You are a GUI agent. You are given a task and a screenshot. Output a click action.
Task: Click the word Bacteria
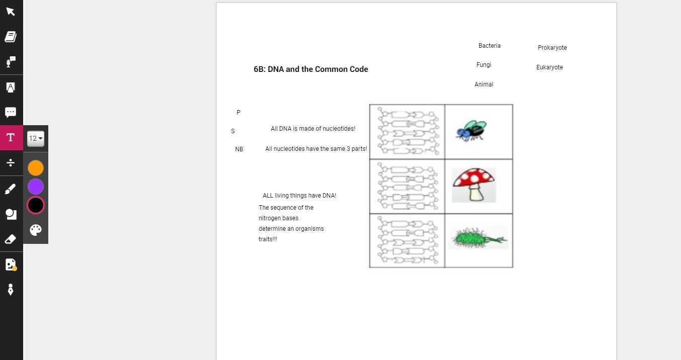pos(489,46)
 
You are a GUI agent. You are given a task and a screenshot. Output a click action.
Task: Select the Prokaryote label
pos(552,48)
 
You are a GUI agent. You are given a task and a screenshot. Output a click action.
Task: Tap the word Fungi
pos(484,65)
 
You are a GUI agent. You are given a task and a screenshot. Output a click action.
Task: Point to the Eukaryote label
pos(549,67)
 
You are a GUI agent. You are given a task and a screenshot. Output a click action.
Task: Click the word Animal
pos(484,84)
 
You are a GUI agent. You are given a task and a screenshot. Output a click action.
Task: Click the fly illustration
pos(472,130)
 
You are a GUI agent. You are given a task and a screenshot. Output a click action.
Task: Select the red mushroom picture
pos(474,185)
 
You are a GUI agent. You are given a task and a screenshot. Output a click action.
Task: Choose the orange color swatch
pos(36,168)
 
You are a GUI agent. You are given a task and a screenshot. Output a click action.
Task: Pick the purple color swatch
pos(36,187)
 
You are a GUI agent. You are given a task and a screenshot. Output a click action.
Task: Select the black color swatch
pos(36,205)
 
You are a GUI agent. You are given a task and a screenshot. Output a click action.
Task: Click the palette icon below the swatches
pos(36,230)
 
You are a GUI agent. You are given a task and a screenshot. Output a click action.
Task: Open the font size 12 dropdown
pos(36,139)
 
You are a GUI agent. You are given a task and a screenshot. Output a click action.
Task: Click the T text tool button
pos(11,138)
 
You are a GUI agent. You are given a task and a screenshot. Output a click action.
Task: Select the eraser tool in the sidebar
pos(11,239)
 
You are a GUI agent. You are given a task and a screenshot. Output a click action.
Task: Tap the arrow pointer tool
pos(11,11)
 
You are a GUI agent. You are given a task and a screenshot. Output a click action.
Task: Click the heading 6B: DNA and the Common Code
pos(311,69)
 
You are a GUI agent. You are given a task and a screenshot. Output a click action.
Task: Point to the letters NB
pos(239,149)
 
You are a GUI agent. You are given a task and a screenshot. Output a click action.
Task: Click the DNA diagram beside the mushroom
pos(407,186)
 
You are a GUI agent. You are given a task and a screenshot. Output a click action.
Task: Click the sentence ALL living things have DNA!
pos(299,196)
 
